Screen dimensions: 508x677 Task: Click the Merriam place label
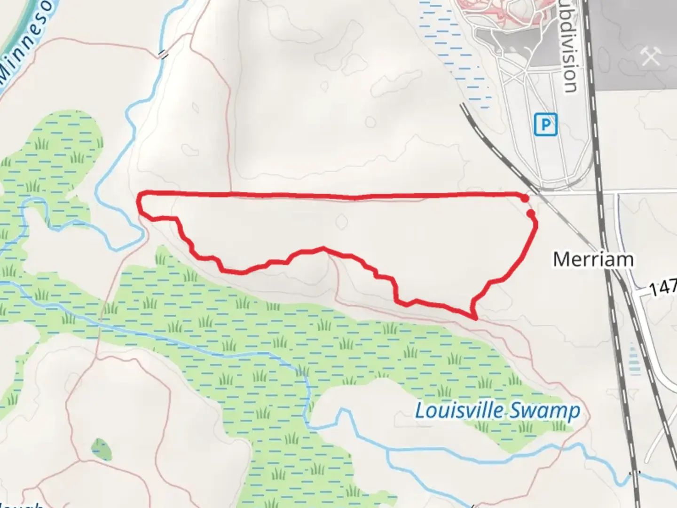pos(593,259)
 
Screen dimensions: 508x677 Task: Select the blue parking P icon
pos(545,125)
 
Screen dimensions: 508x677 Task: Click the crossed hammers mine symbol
pos(651,56)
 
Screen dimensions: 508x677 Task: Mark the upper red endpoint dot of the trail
pos(525,199)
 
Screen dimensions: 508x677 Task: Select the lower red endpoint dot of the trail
pos(531,214)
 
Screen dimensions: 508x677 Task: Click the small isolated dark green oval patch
pos(102,450)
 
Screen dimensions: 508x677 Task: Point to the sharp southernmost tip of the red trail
pos(476,318)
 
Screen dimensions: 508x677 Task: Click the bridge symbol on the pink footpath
pos(163,55)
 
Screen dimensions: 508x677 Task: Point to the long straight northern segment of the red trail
pos(329,195)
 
